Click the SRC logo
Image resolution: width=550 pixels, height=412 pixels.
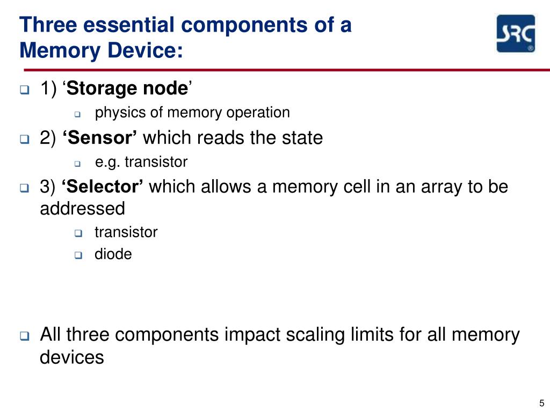tap(515, 33)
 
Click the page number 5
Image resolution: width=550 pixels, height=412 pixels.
tap(541, 403)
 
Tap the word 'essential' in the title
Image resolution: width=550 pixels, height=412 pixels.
tap(120, 25)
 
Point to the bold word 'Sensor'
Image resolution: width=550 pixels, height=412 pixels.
tap(100, 138)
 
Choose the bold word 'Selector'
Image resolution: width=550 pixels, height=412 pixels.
tap(103, 187)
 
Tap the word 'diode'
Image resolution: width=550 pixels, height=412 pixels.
tap(113, 254)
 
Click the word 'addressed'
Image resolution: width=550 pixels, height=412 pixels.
tap(82, 208)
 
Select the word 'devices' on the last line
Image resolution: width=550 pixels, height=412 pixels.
tap(72, 357)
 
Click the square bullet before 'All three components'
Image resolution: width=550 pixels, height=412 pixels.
tap(25, 337)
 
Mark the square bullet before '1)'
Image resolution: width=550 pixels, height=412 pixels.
tap(25, 90)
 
